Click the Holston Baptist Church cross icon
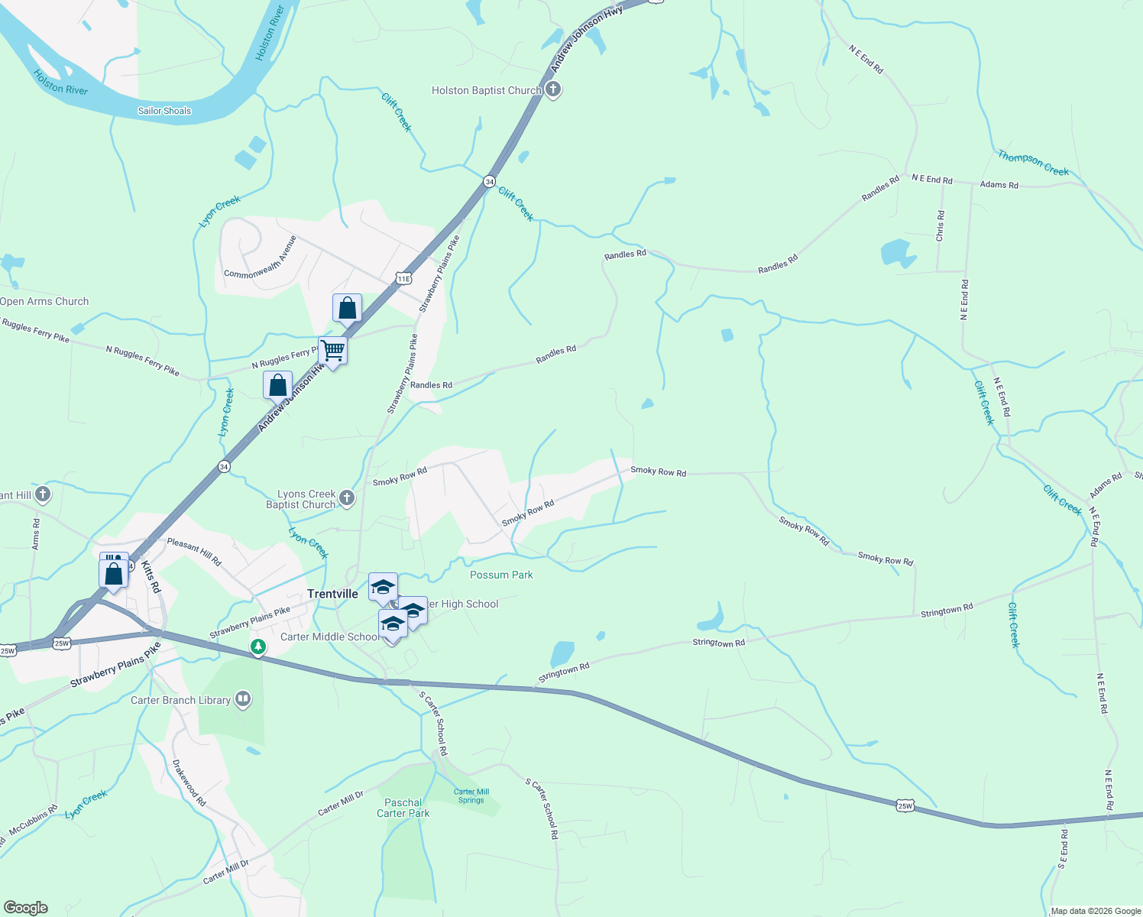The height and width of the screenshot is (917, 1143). pyautogui.click(x=553, y=90)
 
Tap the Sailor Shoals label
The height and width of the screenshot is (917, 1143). pyautogui.click(x=164, y=111)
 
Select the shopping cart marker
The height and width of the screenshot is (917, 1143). pyautogui.click(x=333, y=352)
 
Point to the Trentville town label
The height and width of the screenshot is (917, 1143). pyautogui.click(x=332, y=594)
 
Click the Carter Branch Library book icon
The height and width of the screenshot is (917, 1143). pyautogui.click(x=243, y=699)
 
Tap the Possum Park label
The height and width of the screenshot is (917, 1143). pyautogui.click(x=501, y=575)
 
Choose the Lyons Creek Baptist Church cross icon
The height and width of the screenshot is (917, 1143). pyautogui.click(x=347, y=499)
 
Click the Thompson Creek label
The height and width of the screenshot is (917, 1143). pyautogui.click(x=1033, y=163)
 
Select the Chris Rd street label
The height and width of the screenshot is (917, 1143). pyautogui.click(x=941, y=226)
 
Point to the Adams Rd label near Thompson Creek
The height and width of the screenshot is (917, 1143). pyautogui.click(x=999, y=185)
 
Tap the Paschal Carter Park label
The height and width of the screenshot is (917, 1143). pyautogui.click(x=403, y=808)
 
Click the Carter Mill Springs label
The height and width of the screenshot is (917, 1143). pyautogui.click(x=471, y=795)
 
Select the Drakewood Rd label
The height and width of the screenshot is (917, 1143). pyautogui.click(x=189, y=783)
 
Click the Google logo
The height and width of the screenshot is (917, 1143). pyautogui.click(x=26, y=908)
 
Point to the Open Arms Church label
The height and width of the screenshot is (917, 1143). pyautogui.click(x=44, y=301)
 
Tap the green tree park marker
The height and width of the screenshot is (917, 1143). pyautogui.click(x=258, y=647)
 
